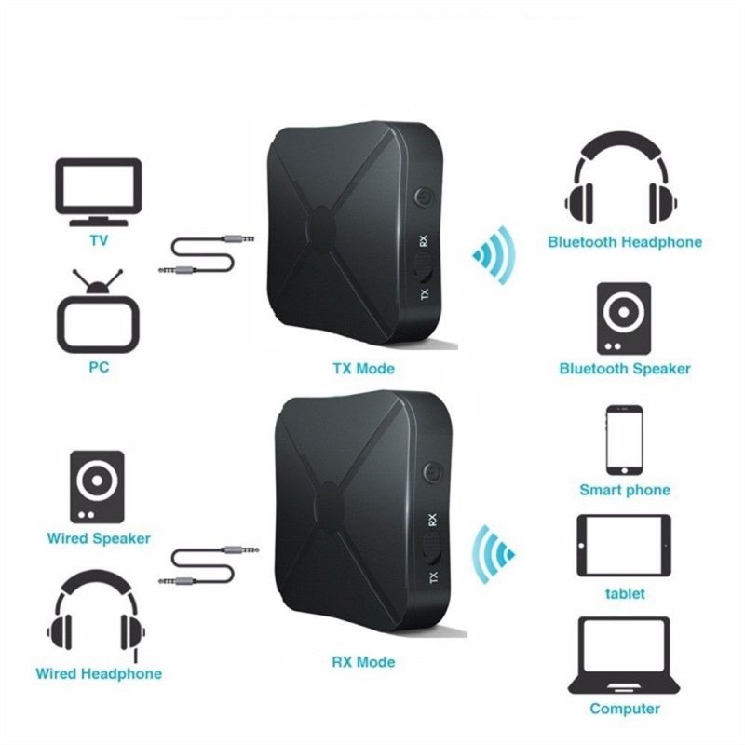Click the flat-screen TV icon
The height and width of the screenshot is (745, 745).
99,192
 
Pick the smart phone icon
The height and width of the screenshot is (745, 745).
624,440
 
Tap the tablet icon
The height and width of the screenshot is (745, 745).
624,546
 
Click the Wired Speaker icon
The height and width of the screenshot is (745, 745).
98,487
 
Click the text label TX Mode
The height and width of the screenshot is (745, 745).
363,369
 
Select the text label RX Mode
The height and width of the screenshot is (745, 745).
363,662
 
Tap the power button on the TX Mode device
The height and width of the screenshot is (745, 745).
423,197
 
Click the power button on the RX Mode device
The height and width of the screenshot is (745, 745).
432,473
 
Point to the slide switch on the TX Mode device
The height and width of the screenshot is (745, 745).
423,268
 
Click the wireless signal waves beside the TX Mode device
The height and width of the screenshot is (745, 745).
494,255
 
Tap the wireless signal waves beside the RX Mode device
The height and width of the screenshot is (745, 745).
494,554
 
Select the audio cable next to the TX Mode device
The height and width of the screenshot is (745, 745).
206,254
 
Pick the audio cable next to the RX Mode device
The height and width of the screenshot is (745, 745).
209,565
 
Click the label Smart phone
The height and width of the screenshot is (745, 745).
625,491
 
